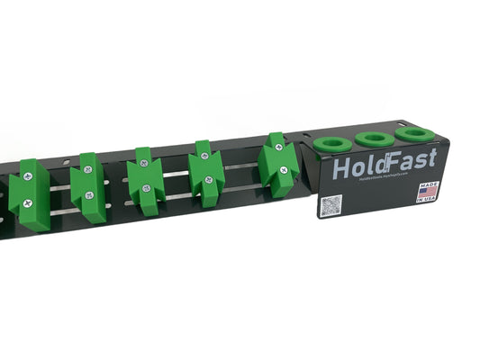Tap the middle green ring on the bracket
373,139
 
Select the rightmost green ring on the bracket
413,133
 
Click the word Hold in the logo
355,168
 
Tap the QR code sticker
331,206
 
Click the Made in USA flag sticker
427,192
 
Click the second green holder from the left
88,187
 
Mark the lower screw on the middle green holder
146,188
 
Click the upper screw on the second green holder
87,168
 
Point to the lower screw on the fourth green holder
208,180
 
